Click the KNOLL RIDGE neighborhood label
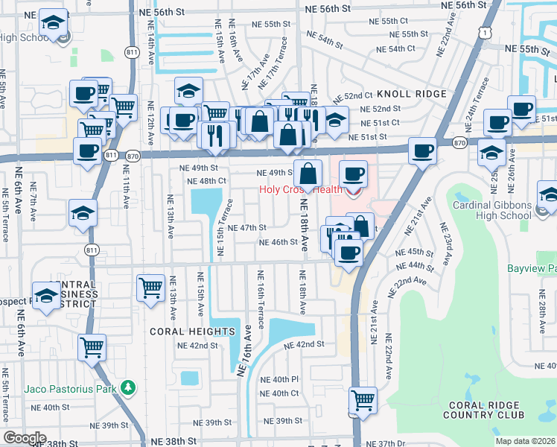411,94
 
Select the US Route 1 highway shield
486,32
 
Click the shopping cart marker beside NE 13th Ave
150,287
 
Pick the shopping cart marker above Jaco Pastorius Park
92,346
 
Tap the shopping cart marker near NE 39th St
363,399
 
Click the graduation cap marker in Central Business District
46,295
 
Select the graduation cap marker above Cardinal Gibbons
491,152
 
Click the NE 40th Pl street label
279,379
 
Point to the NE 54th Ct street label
395,49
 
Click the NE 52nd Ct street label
351,96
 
